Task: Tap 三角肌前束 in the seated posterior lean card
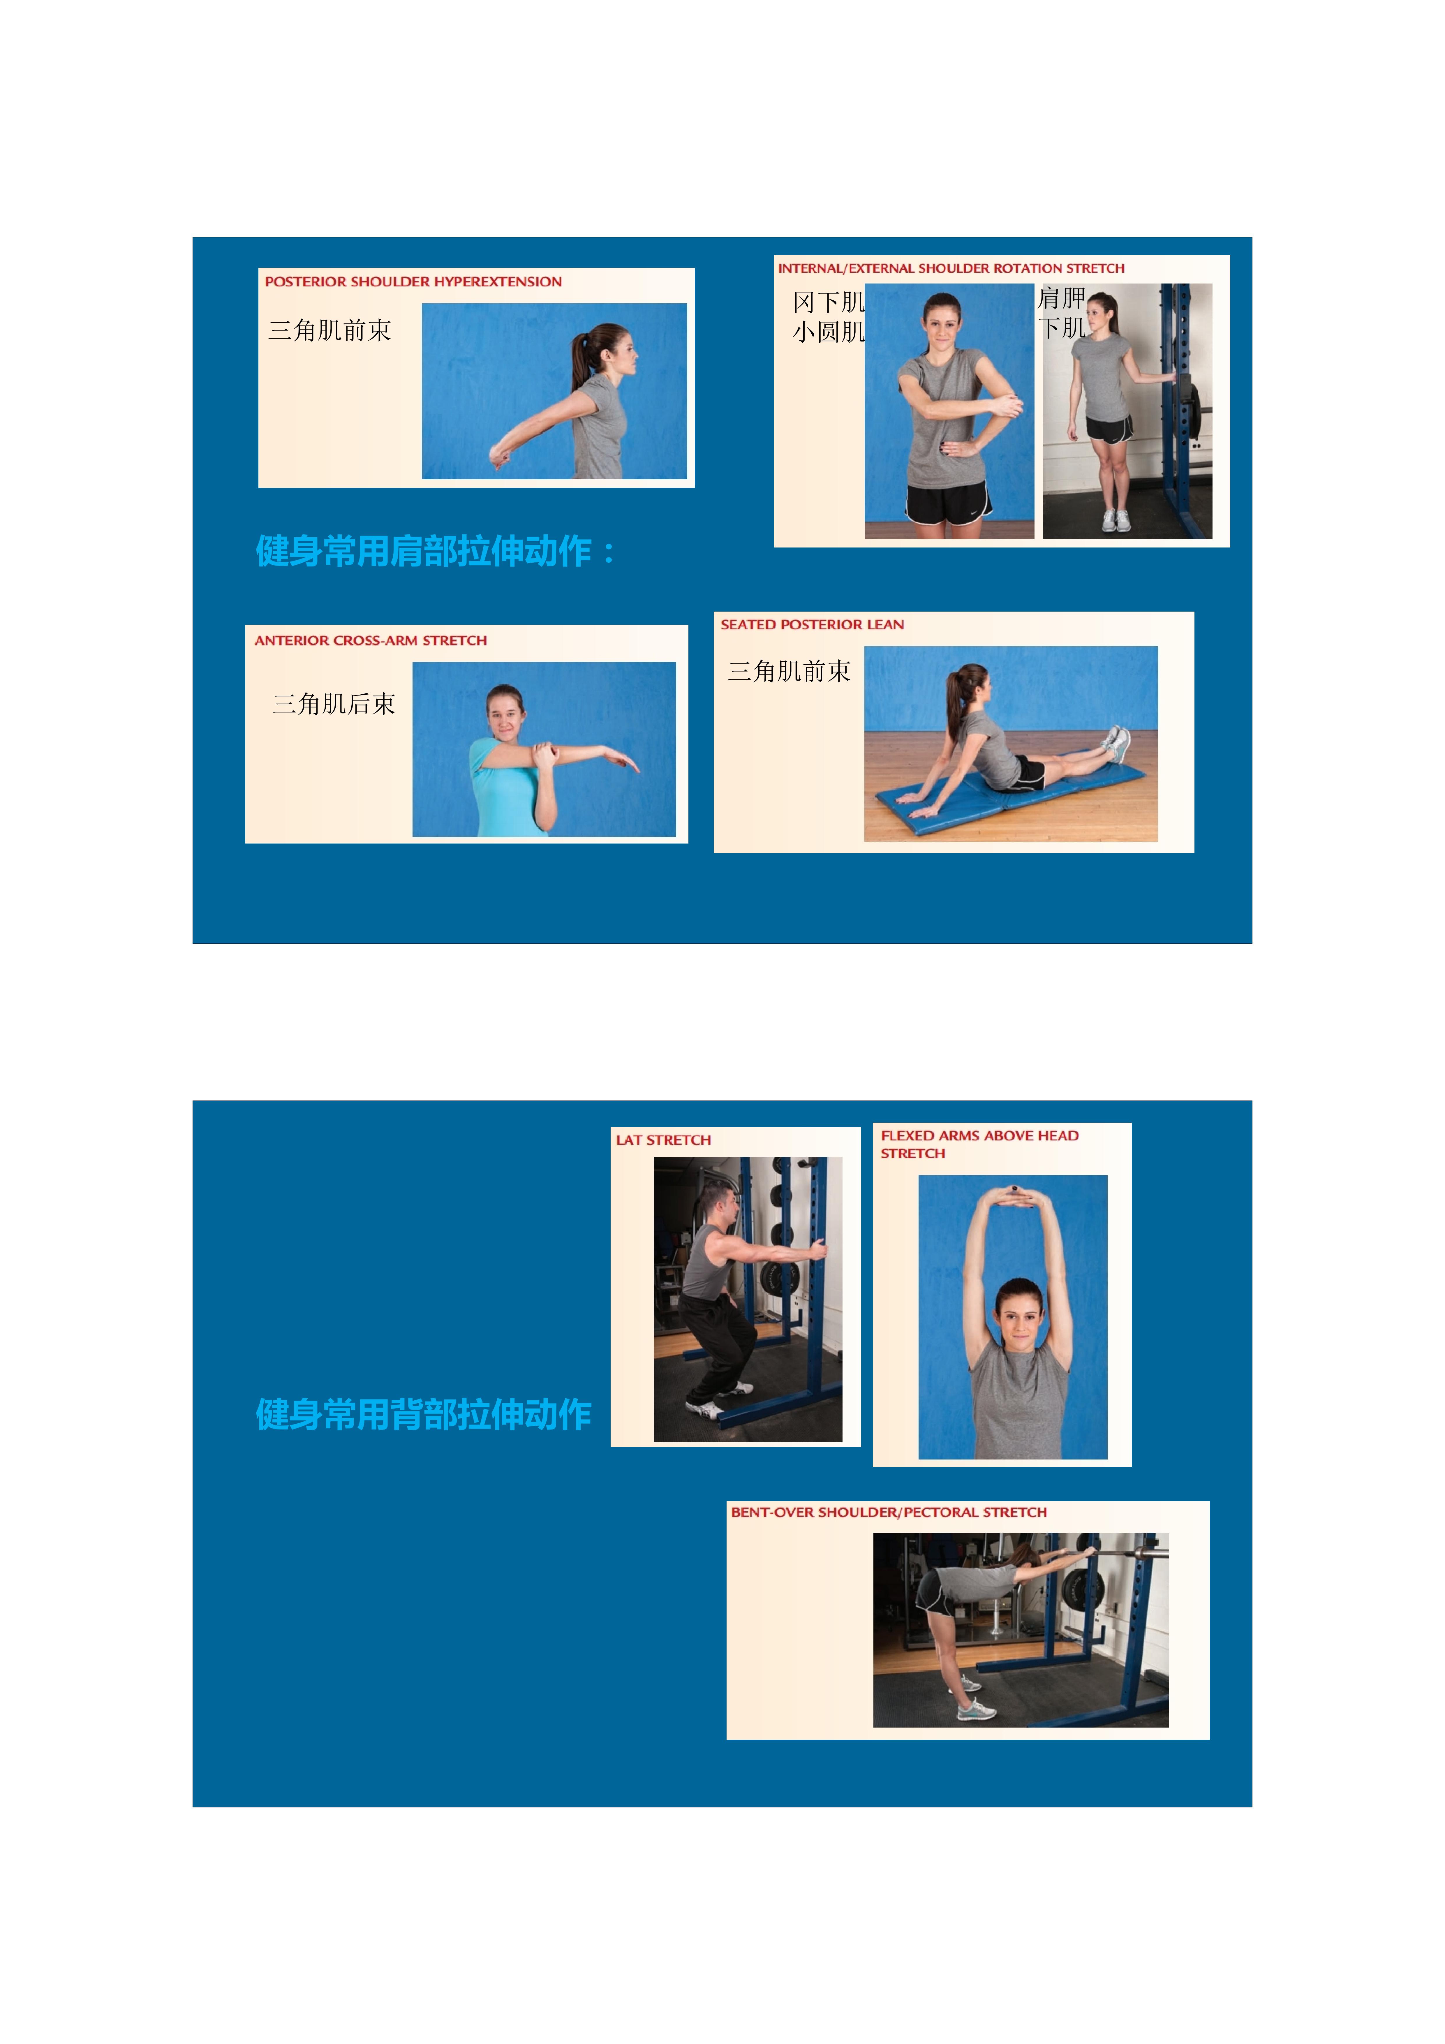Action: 789,671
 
